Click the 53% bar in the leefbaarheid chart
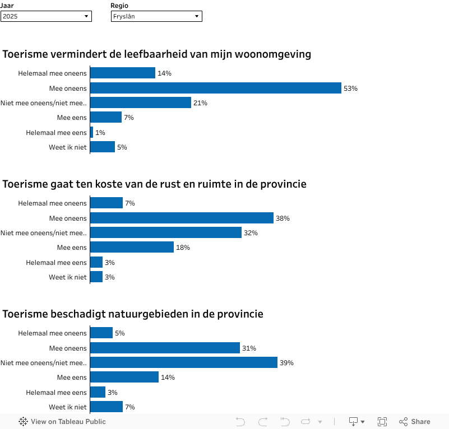[216, 88]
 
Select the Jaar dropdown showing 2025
[46, 16]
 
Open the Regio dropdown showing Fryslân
[156, 16]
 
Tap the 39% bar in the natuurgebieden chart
[184, 362]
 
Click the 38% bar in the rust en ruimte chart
[182, 218]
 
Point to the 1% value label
[100, 133]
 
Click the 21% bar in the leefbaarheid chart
[141, 102]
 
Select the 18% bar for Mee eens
[132, 247]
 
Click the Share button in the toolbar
[415, 422]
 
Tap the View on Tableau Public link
[62, 422]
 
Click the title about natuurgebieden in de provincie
[133, 314]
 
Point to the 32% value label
[251, 233]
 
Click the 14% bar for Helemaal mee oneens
[123, 73]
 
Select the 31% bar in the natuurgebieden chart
[165, 348]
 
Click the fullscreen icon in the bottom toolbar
[382, 422]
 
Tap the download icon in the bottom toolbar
[354, 422]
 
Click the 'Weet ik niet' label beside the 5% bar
[68, 147]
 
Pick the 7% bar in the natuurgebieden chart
[107, 407]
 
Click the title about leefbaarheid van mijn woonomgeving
[157, 54]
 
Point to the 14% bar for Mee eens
[124, 377]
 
